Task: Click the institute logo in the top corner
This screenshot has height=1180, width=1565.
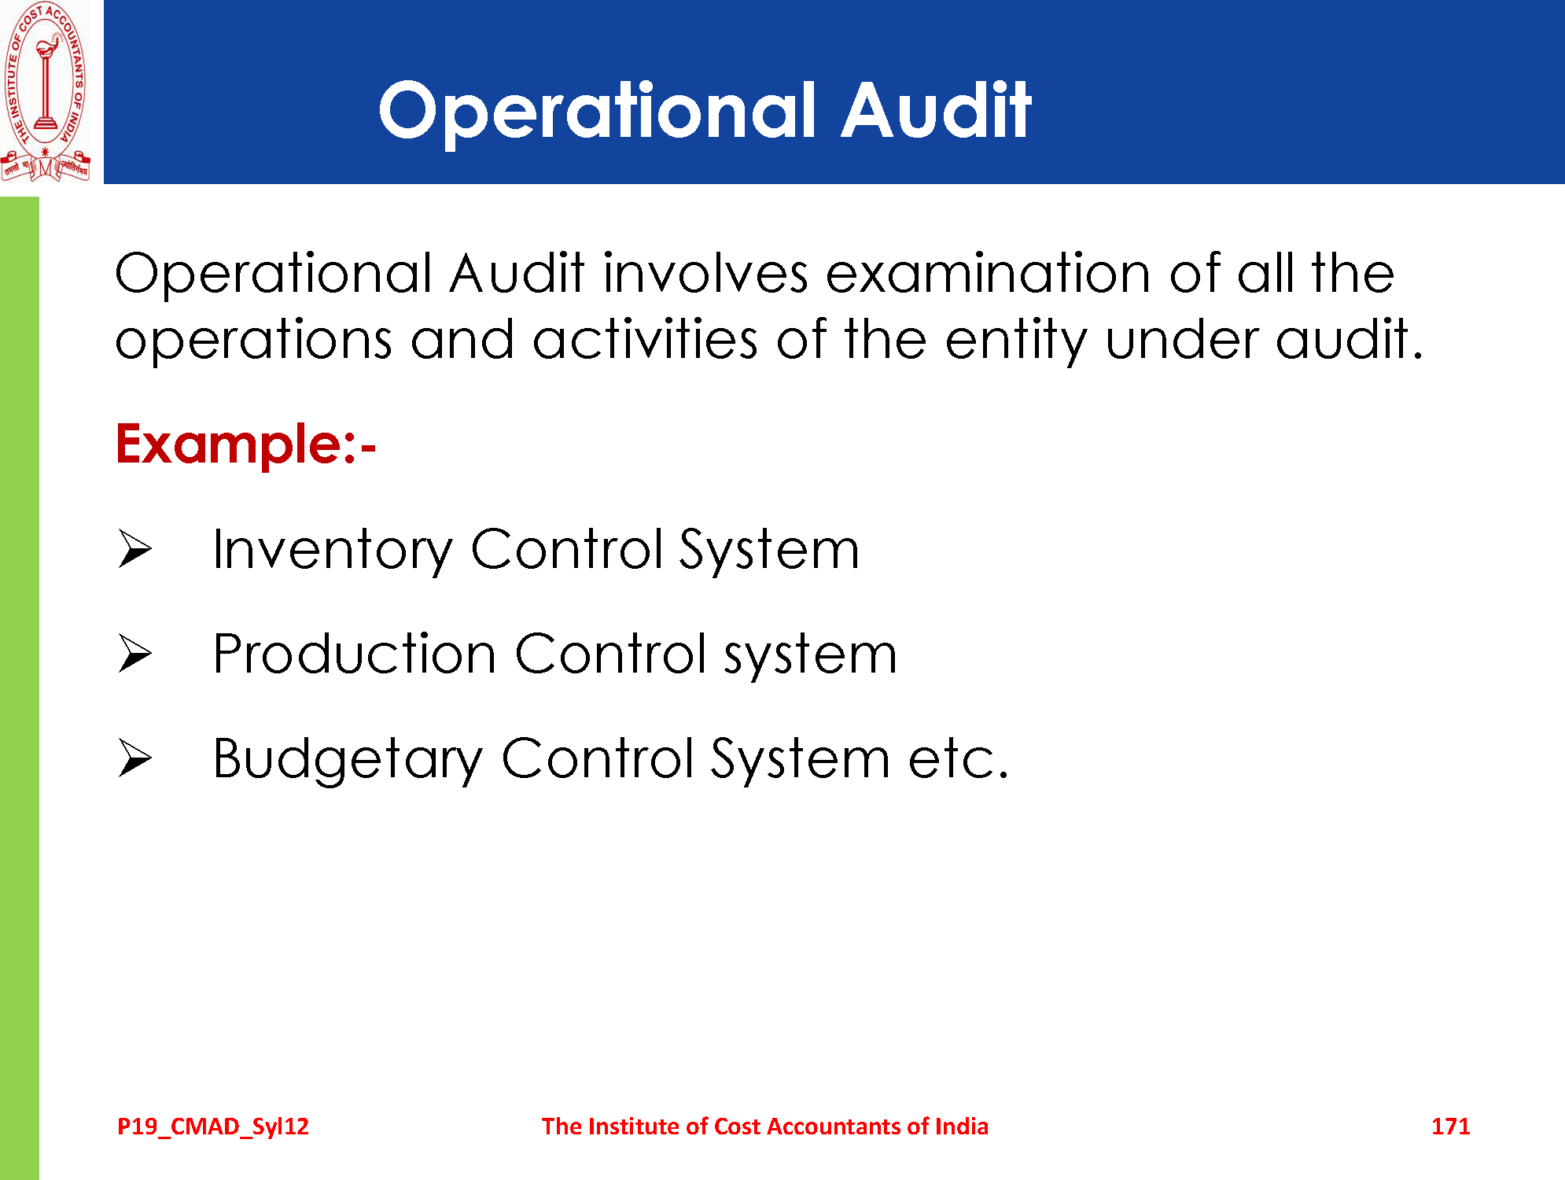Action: click(x=46, y=92)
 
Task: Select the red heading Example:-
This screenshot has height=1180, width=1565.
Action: click(x=246, y=444)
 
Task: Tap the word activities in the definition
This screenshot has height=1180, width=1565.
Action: click(x=645, y=340)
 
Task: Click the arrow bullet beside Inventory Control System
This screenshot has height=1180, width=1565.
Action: click(x=135, y=548)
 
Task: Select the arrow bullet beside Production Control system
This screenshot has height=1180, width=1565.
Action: click(x=135, y=653)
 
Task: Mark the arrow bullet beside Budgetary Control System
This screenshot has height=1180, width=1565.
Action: click(x=135, y=758)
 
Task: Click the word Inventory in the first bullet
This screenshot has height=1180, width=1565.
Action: click(x=333, y=551)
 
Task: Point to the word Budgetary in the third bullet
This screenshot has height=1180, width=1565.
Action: click(x=348, y=760)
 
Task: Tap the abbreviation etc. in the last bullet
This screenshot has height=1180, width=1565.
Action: click(x=959, y=759)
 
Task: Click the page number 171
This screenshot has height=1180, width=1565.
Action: click(x=1450, y=1127)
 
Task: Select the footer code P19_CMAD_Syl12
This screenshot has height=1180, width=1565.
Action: click(x=213, y=1127)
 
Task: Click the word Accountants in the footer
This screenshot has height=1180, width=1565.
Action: click(x=834, y=1127)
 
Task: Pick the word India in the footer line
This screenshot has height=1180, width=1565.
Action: click(x=961, y=1127)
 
